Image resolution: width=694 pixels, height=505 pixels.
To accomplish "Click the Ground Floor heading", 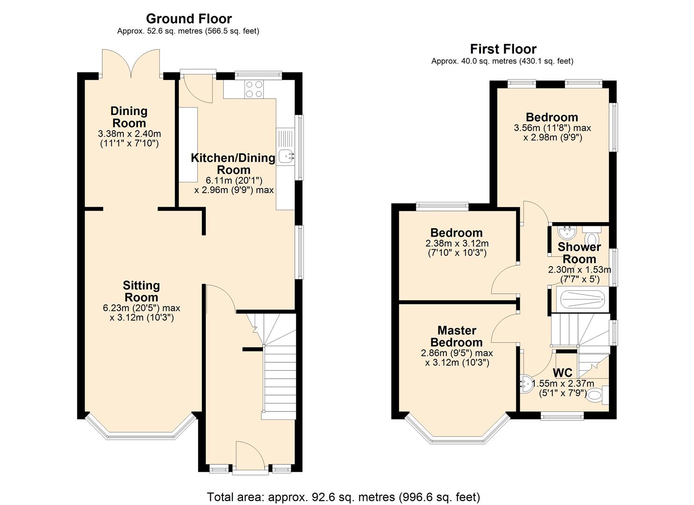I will point(189,19).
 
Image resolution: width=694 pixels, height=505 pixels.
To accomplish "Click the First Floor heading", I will point(503,49).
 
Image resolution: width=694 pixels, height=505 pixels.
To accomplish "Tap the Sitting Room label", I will point(141,291).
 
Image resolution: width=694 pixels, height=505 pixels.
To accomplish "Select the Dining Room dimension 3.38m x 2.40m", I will point(129,134).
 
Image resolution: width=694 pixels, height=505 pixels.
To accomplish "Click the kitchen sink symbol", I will point(286,156).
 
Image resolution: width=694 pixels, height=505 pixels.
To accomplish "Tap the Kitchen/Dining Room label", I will point(233,163).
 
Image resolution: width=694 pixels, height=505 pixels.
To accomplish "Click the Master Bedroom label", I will point(456,336).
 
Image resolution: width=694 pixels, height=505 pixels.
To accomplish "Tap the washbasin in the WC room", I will point(527,383).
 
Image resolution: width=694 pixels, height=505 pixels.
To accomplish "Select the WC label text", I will point(563,373).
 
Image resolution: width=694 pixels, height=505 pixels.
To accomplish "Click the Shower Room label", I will point(579,252).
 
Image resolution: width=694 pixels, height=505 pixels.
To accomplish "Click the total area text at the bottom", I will point(343,497).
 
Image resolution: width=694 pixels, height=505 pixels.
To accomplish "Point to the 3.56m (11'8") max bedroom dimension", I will point(552,128).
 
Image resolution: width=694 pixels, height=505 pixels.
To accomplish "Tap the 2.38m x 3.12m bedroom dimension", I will point(457,244).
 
